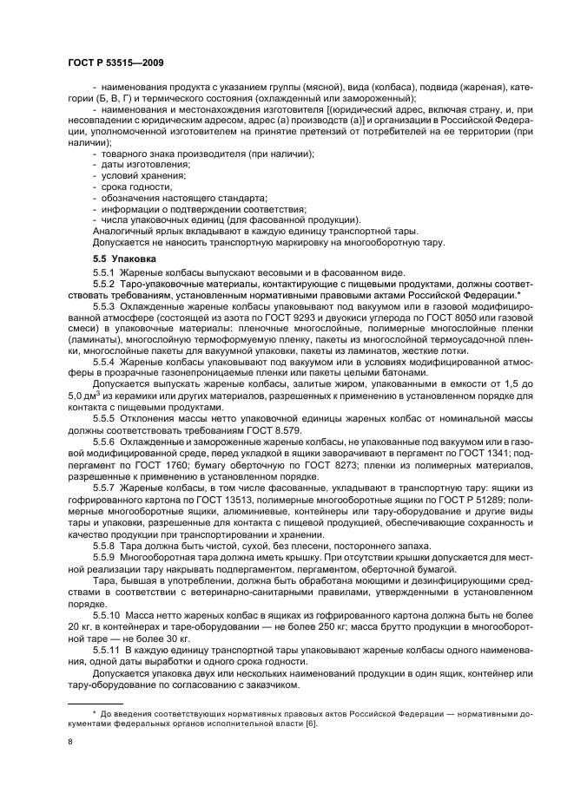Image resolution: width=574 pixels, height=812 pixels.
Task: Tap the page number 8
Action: click(69, 742)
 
